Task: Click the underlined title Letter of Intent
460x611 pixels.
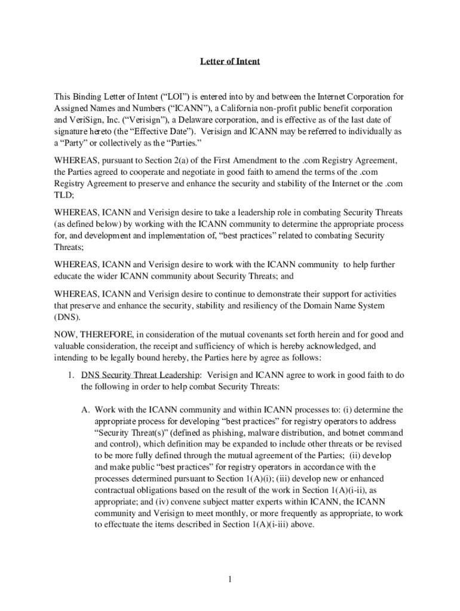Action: [230, 61]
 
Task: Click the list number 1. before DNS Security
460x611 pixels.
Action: [70, 375]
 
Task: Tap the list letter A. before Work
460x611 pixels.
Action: [85, 409]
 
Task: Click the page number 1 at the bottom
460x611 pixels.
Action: [229, 579]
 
